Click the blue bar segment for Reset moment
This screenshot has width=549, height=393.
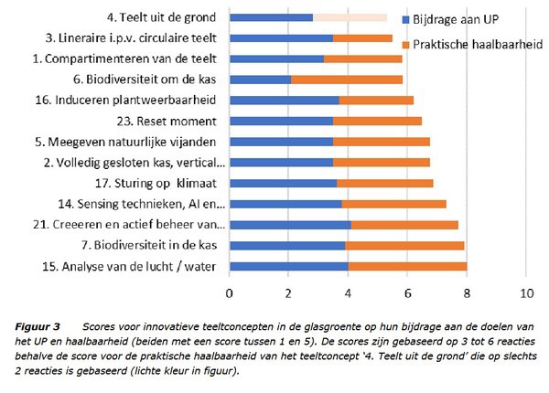point(281,121)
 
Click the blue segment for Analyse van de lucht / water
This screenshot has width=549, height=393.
point(288,266)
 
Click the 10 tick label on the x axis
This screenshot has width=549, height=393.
point(525,294)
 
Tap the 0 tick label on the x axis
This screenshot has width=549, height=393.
point(230,294)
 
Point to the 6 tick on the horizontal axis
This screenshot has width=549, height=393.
point(407,294)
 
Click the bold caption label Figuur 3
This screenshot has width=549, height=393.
point(37,325)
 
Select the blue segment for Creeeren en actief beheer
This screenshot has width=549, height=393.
point(290,224)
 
